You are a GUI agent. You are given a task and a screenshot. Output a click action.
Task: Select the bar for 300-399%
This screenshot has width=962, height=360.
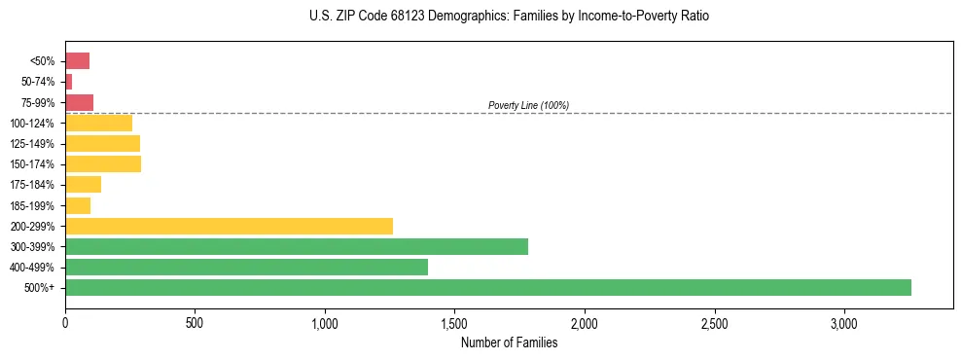(x=297, y=246)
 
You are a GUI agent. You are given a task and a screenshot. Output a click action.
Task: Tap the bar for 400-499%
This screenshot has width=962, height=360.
(x=246, y=267)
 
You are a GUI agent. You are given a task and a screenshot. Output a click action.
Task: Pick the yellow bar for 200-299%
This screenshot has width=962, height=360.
(x=229, y=226)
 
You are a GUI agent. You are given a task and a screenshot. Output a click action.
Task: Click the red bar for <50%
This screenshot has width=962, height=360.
(x=77, y=61)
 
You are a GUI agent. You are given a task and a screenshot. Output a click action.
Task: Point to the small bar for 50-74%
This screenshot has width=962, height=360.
(x=68, y=82)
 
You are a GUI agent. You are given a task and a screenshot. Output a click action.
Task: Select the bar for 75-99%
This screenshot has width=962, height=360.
(x=79, y=102)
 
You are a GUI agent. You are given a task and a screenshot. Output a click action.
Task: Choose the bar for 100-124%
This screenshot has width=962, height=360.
(x=98, y=123)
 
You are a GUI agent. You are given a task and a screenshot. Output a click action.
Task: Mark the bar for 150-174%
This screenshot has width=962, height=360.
(x=103, y=163)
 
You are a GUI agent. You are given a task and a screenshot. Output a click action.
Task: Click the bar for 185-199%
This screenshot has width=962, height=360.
(x=78, y=205)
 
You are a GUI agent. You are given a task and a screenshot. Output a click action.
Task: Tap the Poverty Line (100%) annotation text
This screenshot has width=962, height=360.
(x=528, y=105)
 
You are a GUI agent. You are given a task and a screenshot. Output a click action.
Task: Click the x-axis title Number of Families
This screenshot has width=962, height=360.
(x=509, y=342)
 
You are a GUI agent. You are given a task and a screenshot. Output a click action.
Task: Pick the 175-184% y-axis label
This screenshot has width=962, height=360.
(x=34, y=185)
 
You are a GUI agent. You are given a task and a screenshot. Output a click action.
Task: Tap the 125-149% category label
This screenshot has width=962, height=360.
(x=34, y=144)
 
